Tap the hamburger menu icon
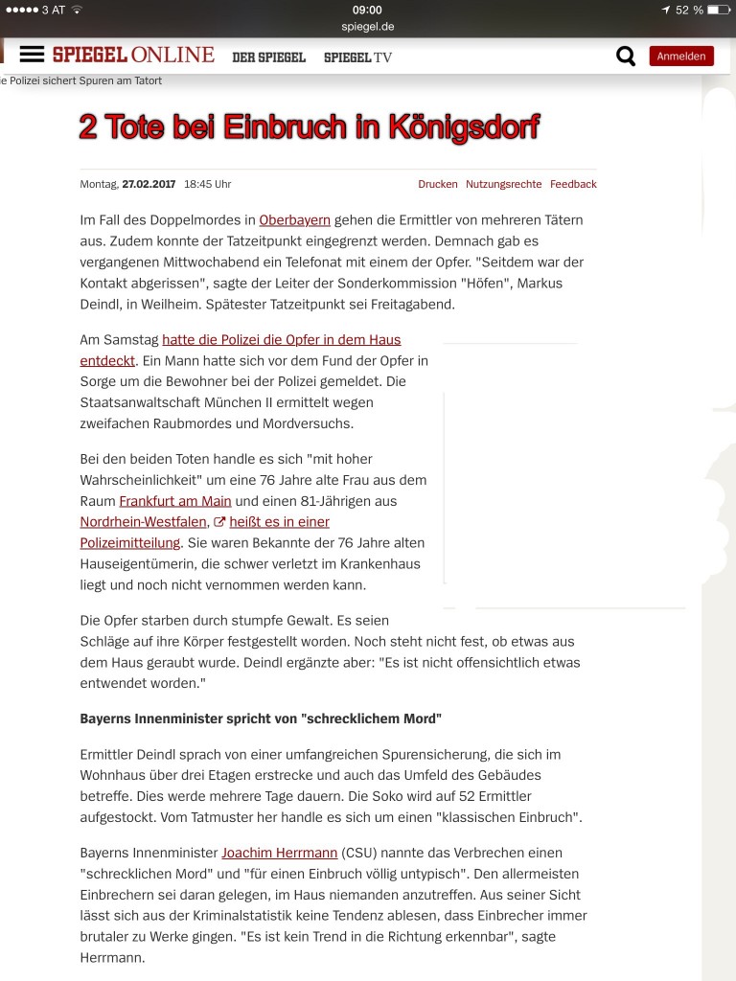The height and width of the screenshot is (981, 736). tap(33, 55)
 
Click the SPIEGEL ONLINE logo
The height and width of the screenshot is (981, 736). tap(133, 55)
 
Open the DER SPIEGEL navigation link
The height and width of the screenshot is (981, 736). tap(268, 57)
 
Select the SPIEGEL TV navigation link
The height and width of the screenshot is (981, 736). tap(357, 57)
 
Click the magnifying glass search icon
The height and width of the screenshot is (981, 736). tap(626, 57)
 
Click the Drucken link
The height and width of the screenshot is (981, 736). tap(438, 184)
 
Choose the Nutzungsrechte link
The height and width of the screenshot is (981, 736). tap(503, 184)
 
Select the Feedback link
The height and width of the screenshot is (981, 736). tap(573, 184)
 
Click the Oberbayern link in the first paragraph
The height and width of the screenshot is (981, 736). tap(294, 220)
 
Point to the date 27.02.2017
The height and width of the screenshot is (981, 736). tap(149, 184)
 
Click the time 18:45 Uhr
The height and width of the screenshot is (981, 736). tap(207, 184)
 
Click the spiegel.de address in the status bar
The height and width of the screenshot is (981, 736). tap(367, 26)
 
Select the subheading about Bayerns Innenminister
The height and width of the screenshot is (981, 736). tap(261, 718)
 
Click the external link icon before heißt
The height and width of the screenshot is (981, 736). tap(218, 522)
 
